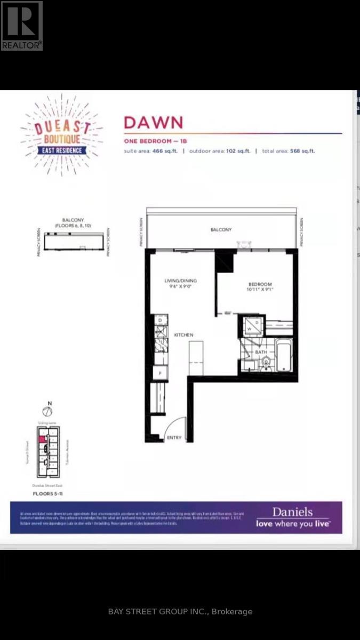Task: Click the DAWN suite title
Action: (x=153, y=122)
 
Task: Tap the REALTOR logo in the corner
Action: (x=21, y=26)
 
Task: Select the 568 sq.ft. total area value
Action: (x=301, y=151)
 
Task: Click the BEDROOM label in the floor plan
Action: (x=260, y=284)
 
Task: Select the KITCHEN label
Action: (x=183, y=335)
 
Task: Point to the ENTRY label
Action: (x=174, y=438)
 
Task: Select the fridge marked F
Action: (x=161, y=372)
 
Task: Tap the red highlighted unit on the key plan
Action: (x=41, y=438)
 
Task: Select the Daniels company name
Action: (x=292, y=512)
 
